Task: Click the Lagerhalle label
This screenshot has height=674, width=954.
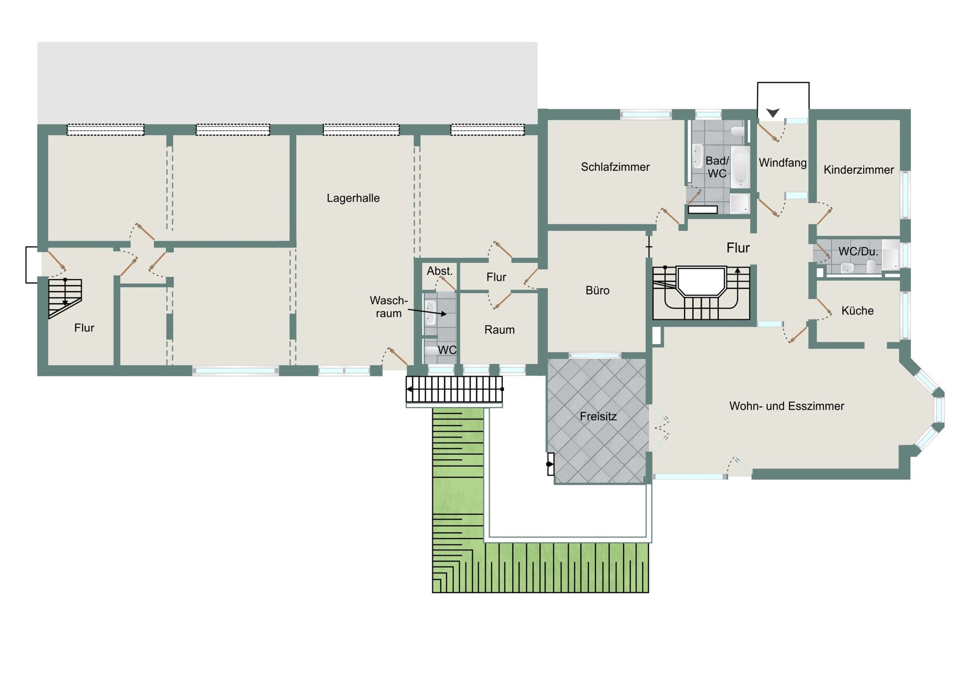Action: point(353,198)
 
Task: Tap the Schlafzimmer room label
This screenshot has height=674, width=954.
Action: point(615,167)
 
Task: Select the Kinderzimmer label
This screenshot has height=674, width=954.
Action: point(859,170)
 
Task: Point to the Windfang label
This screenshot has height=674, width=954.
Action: point(783,163)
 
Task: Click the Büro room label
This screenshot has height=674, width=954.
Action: point(597,291)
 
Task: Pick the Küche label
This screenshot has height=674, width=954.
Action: point(857,311)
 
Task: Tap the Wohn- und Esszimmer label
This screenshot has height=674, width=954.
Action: point(787,406)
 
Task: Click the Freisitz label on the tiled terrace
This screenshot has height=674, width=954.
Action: point(598,416)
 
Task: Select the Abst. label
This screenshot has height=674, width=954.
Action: point(440,271)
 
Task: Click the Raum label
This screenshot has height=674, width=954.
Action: point(499,330)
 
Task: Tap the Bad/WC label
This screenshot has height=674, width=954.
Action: point(717,167)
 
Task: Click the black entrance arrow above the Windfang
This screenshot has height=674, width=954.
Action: point(773,113)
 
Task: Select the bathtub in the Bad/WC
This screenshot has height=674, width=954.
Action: point(740,166)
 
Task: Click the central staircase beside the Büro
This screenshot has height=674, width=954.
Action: point(701,293)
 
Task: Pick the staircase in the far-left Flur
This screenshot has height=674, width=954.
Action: point(65,298)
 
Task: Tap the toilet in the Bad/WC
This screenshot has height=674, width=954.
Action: point(738,131)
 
